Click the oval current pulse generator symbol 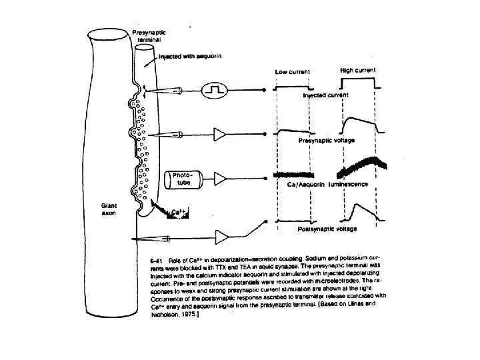(216, 89)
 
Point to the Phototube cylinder (181, 178)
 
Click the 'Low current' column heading (293, 72)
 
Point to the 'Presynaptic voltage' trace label (327, 141)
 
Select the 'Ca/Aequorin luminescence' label (324, 184)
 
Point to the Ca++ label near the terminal (177, 213)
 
